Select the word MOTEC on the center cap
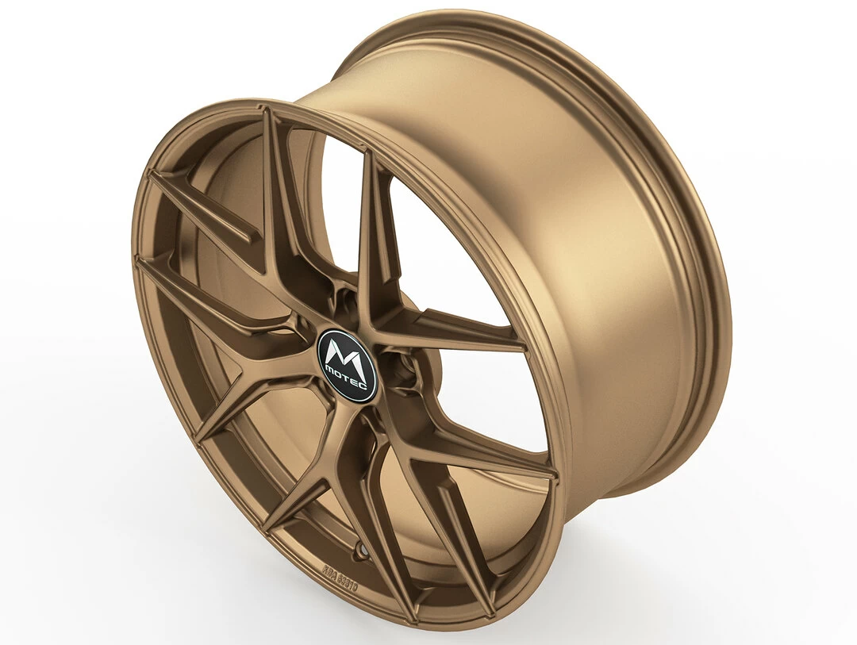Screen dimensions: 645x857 351,380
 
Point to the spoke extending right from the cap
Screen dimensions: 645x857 452,338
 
